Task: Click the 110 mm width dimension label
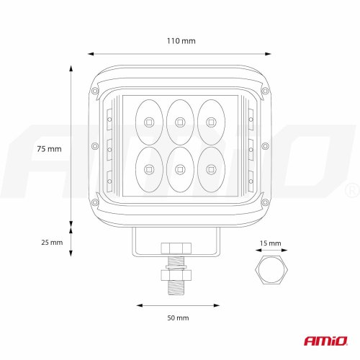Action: coord(181,41)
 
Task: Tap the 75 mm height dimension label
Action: coord(49,149)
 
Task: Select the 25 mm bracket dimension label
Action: coord(52,243)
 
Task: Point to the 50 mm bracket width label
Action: coord(178,318)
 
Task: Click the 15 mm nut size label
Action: coord(270,243)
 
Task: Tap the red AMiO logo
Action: coord(326,341)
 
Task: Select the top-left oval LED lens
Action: coord(149,122)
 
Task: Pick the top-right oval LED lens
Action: coord(211,122)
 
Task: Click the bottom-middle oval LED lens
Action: coord(180,169)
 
